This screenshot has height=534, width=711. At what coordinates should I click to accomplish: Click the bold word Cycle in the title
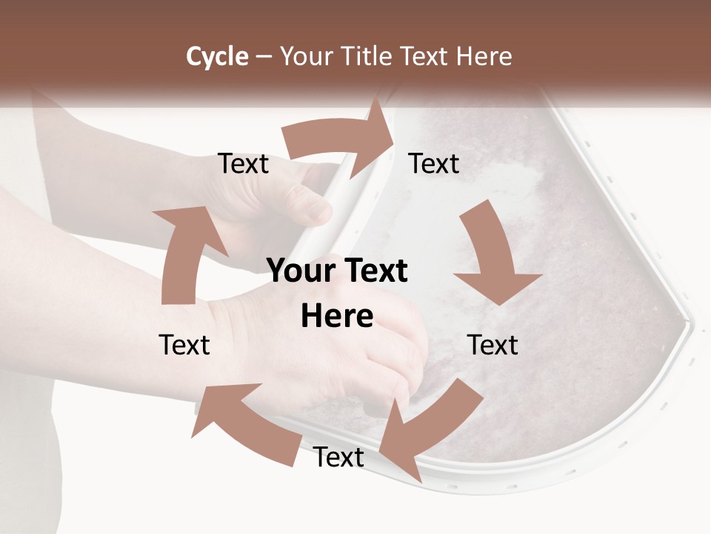(x=217, y=56)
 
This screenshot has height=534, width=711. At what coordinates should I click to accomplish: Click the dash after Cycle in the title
(x=264, y=57)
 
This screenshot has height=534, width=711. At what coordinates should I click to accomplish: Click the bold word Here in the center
(x=337, y=317)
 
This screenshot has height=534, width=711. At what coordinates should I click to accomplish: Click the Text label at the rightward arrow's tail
(x=244, y=164)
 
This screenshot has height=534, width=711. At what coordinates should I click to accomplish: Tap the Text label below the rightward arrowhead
(x=434, y=164)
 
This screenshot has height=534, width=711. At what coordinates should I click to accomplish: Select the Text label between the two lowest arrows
(x=338, y=458)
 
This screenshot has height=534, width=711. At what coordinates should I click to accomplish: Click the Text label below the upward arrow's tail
(x=185, y=345)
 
